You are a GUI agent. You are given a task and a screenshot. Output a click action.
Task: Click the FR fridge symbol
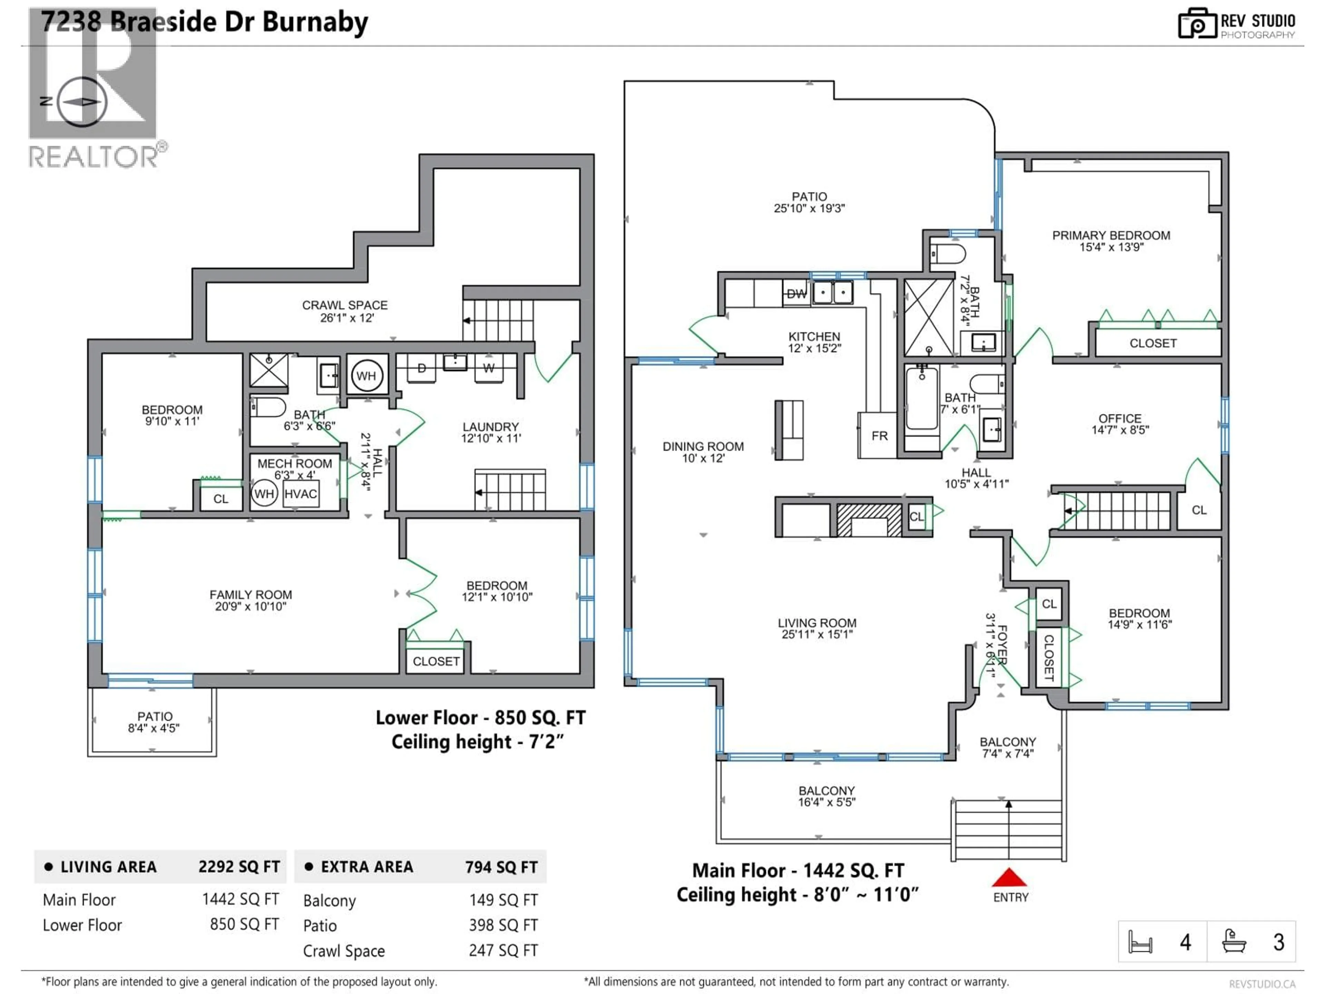coord(879,436)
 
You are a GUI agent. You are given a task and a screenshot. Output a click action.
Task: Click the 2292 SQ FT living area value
coord(239,867)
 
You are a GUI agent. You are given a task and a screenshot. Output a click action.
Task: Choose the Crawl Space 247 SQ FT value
coord(503,950)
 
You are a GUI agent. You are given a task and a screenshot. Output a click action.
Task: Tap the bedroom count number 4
coord(1185,943)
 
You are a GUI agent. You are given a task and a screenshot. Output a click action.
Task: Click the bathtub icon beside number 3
coord(1234,942)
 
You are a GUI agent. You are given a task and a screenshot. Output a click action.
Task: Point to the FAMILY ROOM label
coord(251,600)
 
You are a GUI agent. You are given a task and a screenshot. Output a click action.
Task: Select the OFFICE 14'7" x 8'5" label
coord(1120,423)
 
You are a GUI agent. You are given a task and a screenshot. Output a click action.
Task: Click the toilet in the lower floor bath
coord(268,407)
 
